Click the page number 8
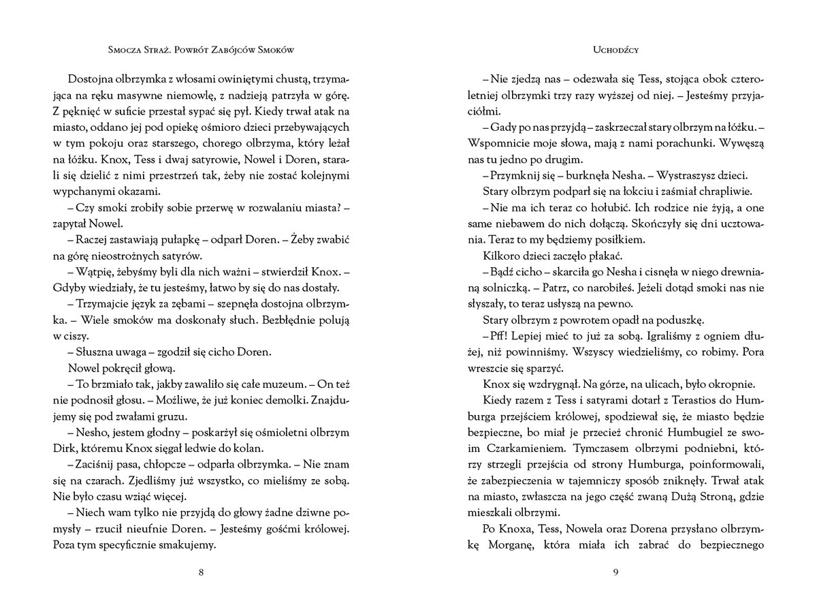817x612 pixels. (201, 572)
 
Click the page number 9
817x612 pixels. (615, 572)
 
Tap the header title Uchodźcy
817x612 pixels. (615, 50)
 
